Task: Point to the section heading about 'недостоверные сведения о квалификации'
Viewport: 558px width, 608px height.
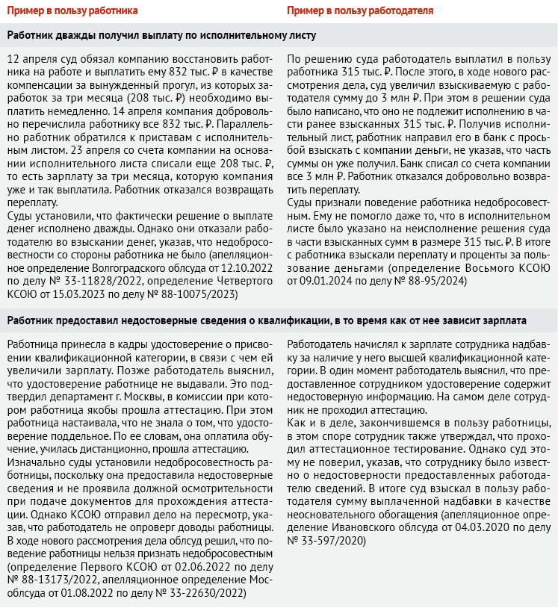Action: pyautogui.click(x=267, y=320)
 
